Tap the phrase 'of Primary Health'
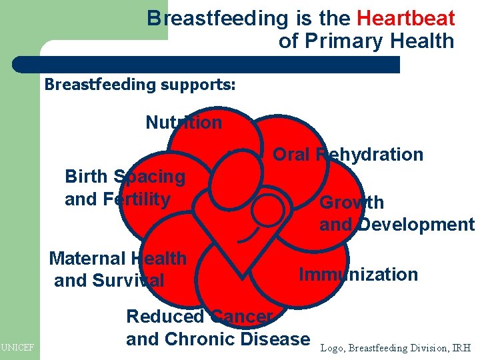[366, 41]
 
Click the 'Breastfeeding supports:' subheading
[139, 85]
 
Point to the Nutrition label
[183, 123]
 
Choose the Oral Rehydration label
[348, 155]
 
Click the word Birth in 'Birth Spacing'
[85, 177]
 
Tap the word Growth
[351, 202]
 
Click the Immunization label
[358, 274]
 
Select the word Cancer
[241, 317]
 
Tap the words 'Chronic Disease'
[237, 339]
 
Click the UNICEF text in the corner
[17, 347]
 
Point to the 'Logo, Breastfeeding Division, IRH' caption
[396, 347]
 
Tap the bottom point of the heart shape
[241, 273]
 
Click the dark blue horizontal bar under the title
[207, 65]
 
